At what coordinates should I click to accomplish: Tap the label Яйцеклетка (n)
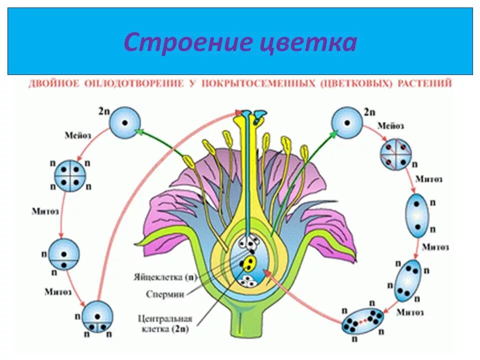tap(165, 276)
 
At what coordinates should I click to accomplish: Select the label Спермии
tap(165, 294)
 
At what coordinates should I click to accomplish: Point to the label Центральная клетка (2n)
tap(166, 322)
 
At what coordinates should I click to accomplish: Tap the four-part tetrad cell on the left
tap(70, 175)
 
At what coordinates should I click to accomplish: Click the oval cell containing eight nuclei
tap(362, 320)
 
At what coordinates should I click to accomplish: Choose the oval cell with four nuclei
tap(407, 280)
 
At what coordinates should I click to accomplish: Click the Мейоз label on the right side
tap(390, 126)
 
